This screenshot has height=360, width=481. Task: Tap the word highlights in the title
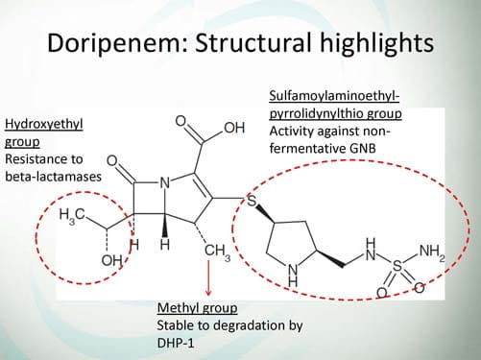coord(377,43)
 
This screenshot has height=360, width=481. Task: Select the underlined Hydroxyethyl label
coord(44,125)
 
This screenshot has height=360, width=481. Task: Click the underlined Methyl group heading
coord(198,308)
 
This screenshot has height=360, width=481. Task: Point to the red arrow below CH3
coord(208,277)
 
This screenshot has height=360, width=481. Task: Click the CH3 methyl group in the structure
coord(217,252)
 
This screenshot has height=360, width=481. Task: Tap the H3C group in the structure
coord(72,215)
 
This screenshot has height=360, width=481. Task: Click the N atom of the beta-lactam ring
coord(164,183)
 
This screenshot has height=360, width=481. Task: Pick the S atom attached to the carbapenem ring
coord(253,202)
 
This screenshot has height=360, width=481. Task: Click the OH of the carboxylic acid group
coord(234,128)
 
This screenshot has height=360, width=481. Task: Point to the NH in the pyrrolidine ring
coord(293,276)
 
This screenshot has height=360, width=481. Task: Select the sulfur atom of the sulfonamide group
coord(397,266)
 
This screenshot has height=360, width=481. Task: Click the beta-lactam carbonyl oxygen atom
coord(112,161)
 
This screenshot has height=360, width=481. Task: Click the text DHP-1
coord(176,343)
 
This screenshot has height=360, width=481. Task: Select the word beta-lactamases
coord(53,177)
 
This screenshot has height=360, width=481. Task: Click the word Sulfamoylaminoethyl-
coord(334,96)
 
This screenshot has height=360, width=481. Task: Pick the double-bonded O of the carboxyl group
coord(180,121)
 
